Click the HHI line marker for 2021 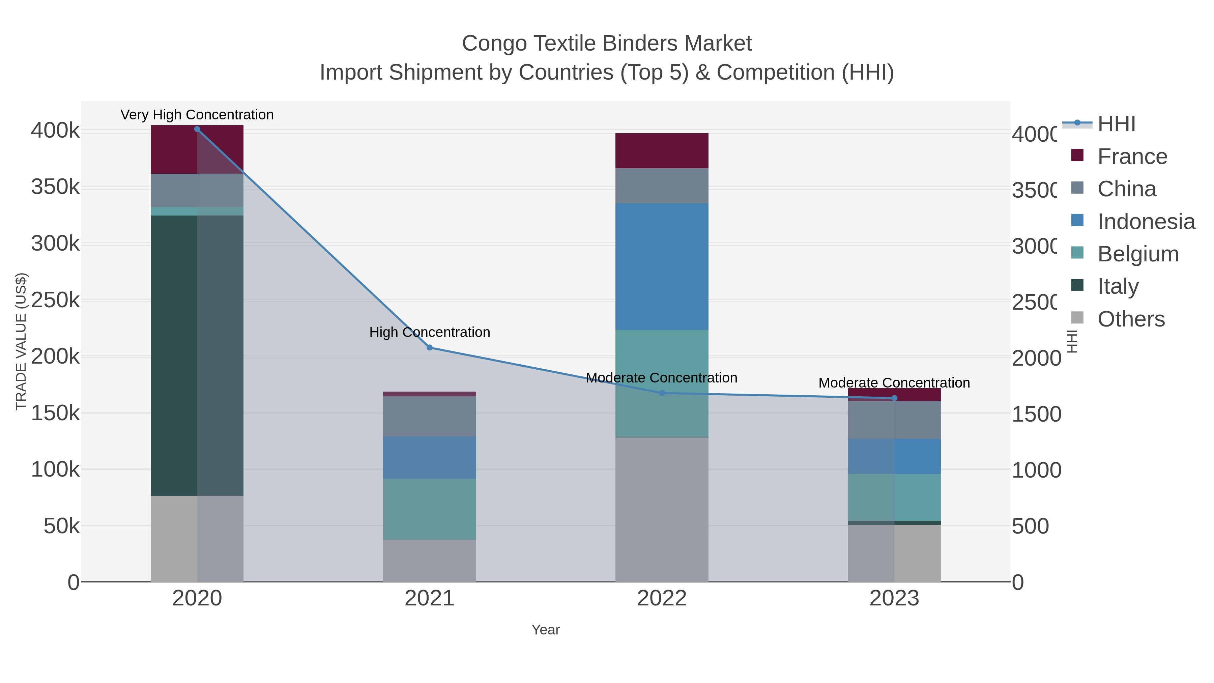pyautogui.click(x=429, y=347)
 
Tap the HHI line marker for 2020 pyautogui.click(x=197, y=129)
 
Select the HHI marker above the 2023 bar pyautogui.click(x=894, y=398)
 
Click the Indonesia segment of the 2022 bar pyautogui.click(x=662, y=266)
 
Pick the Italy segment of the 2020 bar pyautogui.click(x=197, y=355)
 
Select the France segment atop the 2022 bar pyautogui.click(x=662, y=151)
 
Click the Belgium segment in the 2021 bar pyautogui.click(x=429, y=509)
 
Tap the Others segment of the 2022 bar pyautogui.click(x=662, y=509)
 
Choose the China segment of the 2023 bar pyautogui.click(x=894, y=420)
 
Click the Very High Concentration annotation pyautogui.click(x=197, y=115)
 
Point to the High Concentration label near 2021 pyautogui.click(x=429, y=332)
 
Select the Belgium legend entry pyautogui.click(x=1138, y=254)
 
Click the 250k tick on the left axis pyautogui.click(x=55, y=300)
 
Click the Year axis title pyautogui.click(x=545, y=630)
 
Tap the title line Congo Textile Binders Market pyautogui.click(x=607, y=44)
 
